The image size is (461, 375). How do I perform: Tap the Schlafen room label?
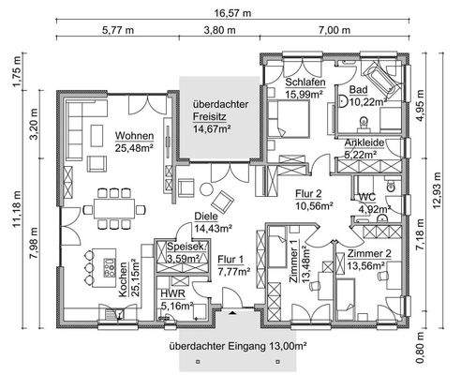point(305,82)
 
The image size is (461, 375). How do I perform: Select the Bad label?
point(358,89)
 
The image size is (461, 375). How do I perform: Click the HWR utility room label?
point(172,294)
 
